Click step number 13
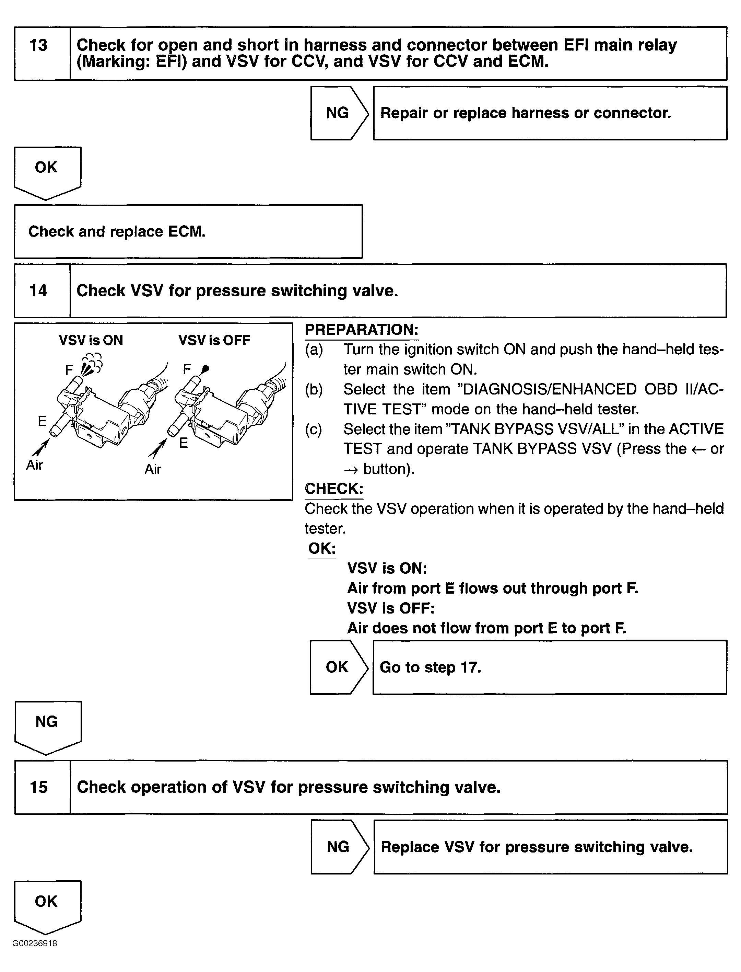(x=38, y=45)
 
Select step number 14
(x=38, y=290)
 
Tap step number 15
(x=38, y=787)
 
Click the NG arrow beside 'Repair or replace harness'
(x=338, y=113)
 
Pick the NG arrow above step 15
(x=47, y=723)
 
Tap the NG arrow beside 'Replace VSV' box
(x=339, y=847)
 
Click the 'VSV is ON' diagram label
(x=91, y=340)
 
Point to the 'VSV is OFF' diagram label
(x=214, y=340)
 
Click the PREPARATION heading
(x=362, y=330)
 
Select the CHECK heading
(x=334, y=489)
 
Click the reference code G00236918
(x=35, y=943)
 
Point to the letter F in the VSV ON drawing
(x=69, y=370)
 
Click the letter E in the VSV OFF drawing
(x=184, y=443)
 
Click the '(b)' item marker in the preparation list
(x=314, y=389)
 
